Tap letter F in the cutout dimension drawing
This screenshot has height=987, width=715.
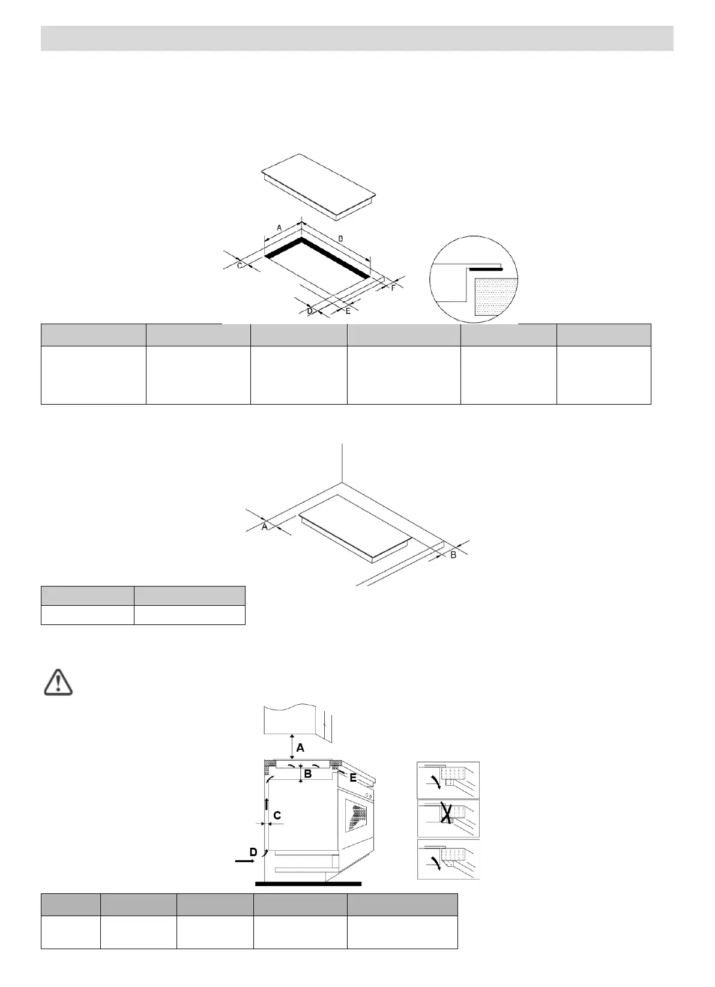[x=393, y=288]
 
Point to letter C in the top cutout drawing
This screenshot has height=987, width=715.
[x=240, y=265]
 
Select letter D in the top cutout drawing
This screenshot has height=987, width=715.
[x=310, y=311]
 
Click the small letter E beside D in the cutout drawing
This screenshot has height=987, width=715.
[x=348, y=311]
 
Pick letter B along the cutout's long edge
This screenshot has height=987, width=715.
[x=340, y=239]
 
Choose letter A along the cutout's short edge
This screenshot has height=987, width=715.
[x=279, y=228]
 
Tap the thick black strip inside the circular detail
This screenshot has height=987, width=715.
[x=485, y=269]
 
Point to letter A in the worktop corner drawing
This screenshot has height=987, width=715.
[x=264, y=527]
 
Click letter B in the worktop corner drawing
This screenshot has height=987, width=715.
[x=453, y=555]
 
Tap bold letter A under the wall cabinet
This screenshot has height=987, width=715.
[x=300, y=748]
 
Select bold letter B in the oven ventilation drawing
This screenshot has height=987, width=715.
[x=308, y=774]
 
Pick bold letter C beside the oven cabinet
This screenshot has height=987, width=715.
[x=277, y=815]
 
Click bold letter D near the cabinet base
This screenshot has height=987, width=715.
[x=253, y=853]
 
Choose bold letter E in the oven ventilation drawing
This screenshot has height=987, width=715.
[x=354, y=778]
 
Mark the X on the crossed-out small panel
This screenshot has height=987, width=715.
[x=446, y=814]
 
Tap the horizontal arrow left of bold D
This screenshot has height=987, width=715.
[x=244, y=861]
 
